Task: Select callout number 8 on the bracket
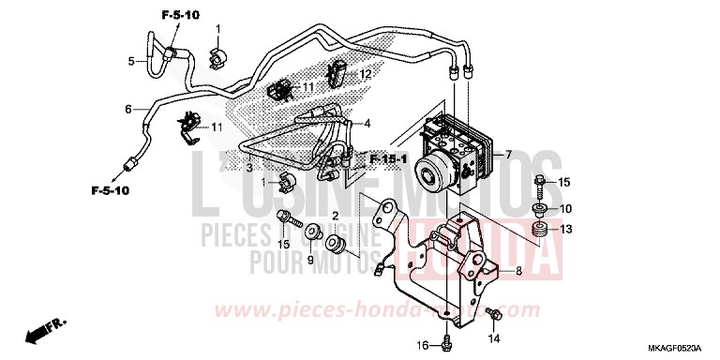[x=516, y=272]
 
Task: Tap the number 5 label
[x=131, y=62]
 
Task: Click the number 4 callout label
[x=367, y=123]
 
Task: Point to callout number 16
[x=421, y=346]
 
